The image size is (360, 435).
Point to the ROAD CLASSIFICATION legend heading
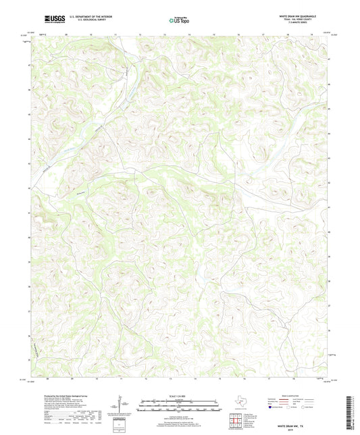point(297,396)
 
